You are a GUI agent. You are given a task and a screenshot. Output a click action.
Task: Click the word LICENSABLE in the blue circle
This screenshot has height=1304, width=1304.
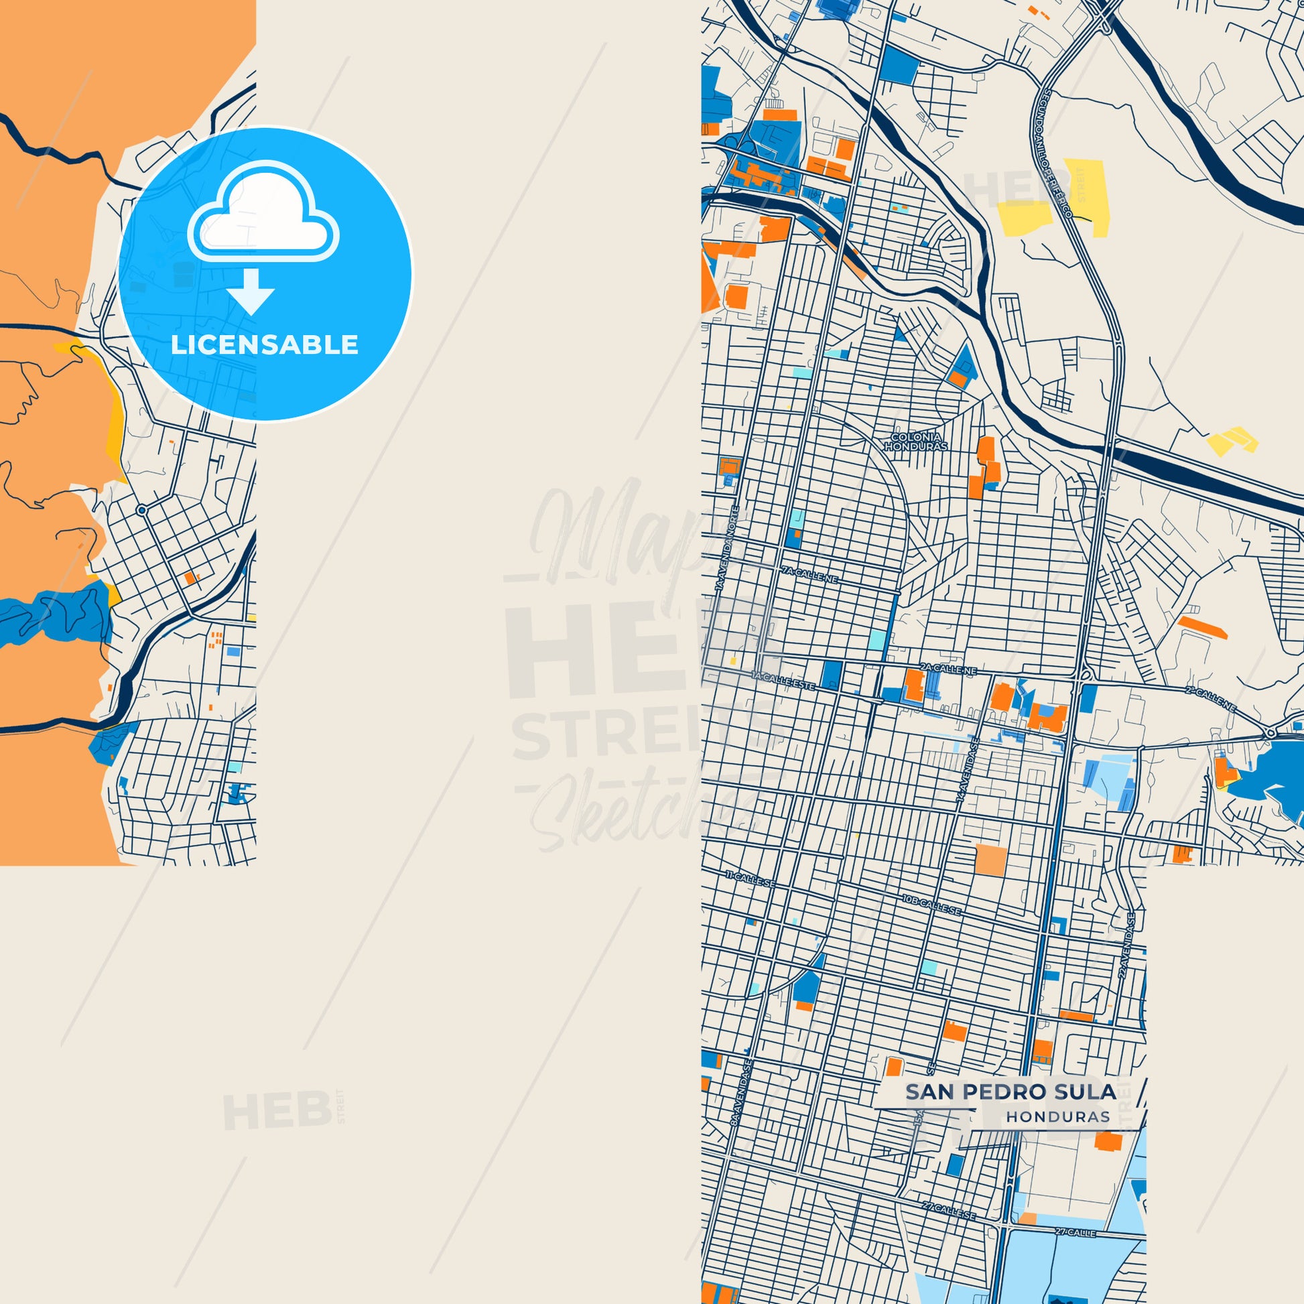point(264,345)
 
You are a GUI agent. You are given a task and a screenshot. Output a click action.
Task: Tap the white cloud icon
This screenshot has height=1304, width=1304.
point(263,212)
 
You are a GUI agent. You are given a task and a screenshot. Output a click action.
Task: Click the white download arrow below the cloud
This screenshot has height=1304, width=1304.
point(251,292)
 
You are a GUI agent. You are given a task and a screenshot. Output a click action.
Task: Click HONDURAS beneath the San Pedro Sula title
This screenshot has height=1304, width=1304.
point(1057,1117)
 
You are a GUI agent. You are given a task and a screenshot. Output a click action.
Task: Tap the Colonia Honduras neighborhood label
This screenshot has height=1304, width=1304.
point(916,442)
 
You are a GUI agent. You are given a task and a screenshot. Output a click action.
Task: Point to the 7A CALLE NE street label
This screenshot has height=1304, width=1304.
point(809,574)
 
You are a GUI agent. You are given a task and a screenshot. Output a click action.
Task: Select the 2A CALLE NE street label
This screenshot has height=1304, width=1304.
point(949,669)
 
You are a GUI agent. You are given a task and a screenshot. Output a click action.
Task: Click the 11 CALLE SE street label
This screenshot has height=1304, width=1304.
point(751,878)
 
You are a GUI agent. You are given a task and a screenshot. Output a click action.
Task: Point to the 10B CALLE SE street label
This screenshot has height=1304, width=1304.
point(931,905)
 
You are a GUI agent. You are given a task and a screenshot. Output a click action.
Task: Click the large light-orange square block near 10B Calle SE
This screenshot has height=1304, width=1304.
point(991,860)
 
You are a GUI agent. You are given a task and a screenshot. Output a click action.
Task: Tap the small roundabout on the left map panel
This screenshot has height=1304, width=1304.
point(142,510)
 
